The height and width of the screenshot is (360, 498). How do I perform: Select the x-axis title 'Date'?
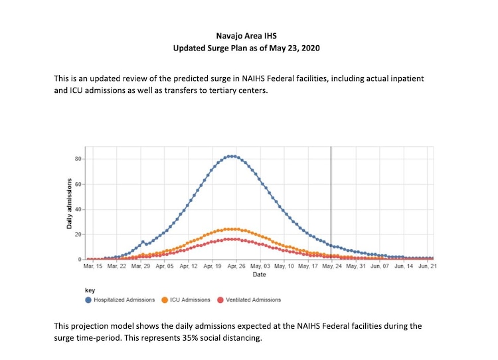pyautogui.click(x=259, y=274)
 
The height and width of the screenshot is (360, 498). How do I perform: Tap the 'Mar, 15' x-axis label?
pyautogui.click(x=94, y=266)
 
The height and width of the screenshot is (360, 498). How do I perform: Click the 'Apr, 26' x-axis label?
pyautogui.click(x=236, y=266)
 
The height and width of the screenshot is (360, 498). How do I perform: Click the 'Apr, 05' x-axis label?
pyautogui.click(x=165, y=266)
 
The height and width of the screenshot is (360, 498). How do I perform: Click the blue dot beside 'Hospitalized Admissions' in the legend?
pyautogui.click(x=89, y=300)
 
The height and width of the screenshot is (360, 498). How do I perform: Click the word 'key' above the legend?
pyautogui.click(x=90, y=290)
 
